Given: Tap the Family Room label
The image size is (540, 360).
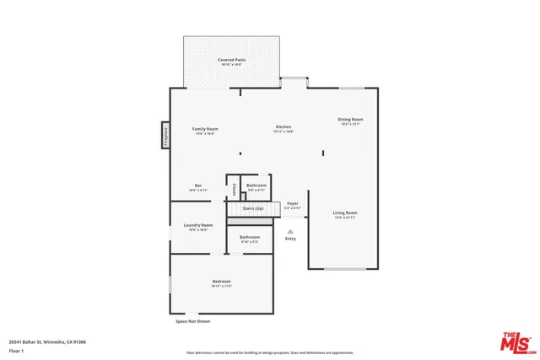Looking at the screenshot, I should [205, 129].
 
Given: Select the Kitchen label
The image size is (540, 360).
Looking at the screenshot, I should [283, 127].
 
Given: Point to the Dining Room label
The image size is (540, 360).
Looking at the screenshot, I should [350, 120].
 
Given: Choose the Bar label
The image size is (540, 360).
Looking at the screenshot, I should [198, 185].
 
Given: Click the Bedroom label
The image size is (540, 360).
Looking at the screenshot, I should [221, 282].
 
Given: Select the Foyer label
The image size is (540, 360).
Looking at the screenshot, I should [293, 203].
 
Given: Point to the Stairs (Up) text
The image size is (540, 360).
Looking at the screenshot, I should [253, 207].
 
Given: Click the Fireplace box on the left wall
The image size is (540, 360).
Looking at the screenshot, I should [166, 135].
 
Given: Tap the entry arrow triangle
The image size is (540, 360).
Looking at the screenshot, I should [290, 230].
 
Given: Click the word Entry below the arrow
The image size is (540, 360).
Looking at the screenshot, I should [290, 239].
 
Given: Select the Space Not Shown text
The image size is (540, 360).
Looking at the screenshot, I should [192, 321].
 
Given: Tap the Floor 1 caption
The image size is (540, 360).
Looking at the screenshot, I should [16, 350].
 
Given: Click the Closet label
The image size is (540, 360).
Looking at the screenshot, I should [234, 189].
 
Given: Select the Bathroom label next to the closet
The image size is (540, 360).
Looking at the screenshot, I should [256, 185].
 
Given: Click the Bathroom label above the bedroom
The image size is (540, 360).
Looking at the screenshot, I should [249, 238].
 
